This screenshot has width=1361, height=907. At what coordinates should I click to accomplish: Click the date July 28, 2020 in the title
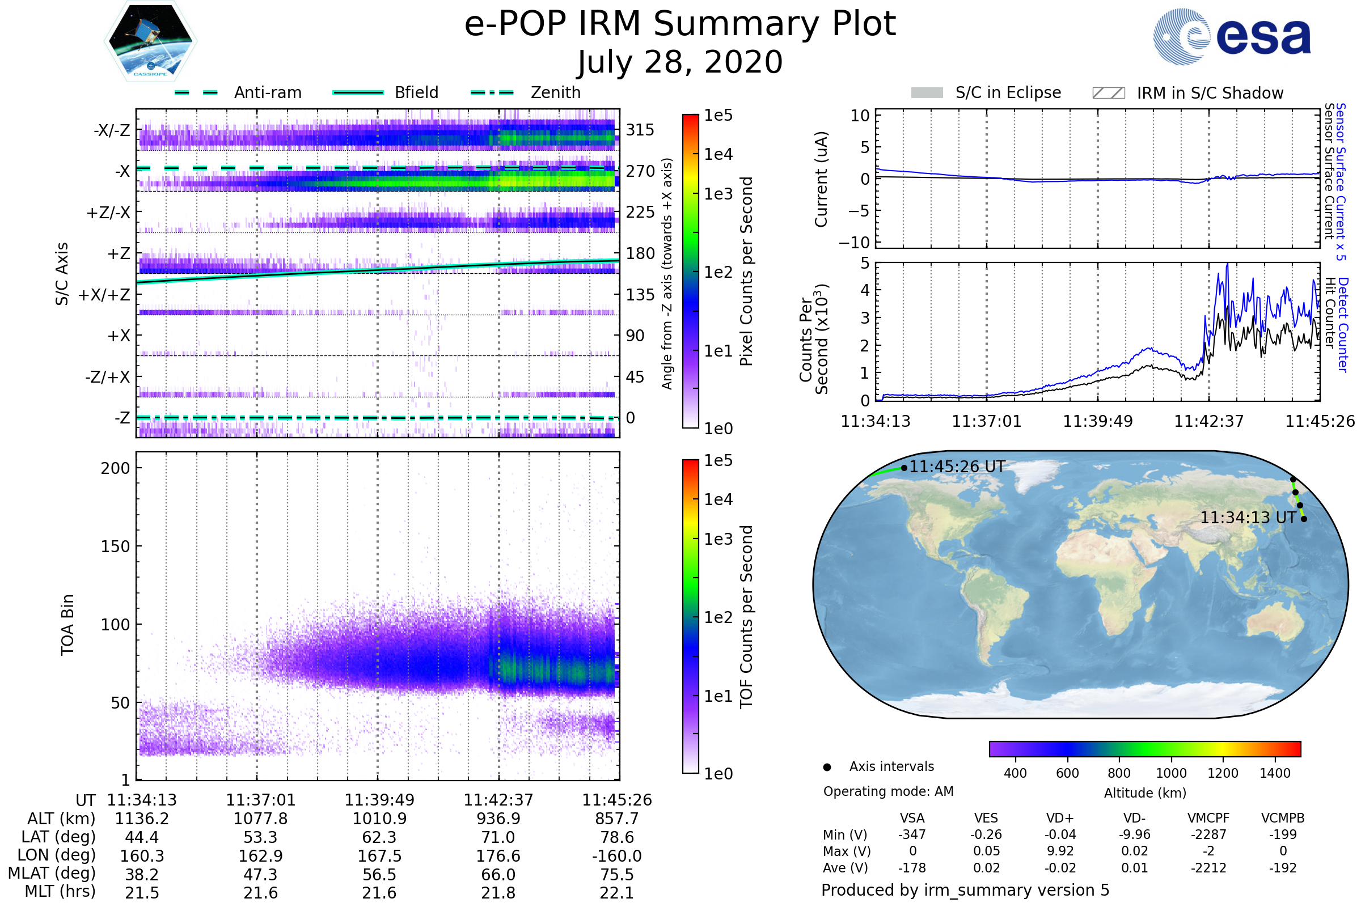tap(680, 62)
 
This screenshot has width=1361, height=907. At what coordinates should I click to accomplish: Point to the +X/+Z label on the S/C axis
tap(104, 295)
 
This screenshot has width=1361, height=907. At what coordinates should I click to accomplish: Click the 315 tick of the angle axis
tap(640, 130)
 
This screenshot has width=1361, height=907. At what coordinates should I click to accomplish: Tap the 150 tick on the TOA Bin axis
tap(115, 546)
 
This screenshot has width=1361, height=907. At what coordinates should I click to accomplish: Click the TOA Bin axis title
tap(67, 624)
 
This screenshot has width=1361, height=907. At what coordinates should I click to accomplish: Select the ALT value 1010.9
tap(379, 819)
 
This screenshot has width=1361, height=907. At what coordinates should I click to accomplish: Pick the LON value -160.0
tap(616, 856)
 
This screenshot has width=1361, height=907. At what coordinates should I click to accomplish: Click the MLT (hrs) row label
tap(60, 891)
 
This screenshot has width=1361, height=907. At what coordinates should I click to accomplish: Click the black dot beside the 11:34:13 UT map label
tap(1304, 519)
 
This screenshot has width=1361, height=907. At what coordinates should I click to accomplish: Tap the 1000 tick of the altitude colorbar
tap(1170, 773)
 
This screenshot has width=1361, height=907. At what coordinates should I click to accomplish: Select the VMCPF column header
tap(1208, 819)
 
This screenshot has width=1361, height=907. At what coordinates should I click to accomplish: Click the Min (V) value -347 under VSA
tap(912, 834)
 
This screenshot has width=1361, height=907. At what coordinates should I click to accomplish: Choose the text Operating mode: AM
tap(888, 791)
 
